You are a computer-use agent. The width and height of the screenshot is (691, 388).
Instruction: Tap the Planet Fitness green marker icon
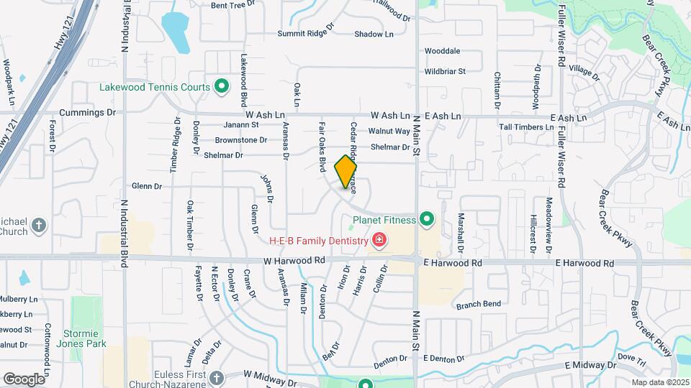[427, 219]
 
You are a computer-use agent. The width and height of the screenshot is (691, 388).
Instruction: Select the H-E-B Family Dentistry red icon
[379, 240]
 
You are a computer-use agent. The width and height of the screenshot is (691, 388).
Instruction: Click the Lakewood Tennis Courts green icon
[222, 88]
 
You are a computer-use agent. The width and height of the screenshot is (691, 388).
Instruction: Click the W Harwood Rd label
[294, 262]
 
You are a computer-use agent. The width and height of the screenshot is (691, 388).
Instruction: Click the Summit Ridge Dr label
[306, 34]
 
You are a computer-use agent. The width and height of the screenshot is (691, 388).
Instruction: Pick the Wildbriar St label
[445, 71]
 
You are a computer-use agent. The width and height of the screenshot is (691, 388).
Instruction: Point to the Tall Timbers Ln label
[527, 127]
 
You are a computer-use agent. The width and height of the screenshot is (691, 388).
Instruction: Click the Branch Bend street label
[479, 305]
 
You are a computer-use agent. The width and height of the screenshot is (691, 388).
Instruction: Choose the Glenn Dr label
[148, 186]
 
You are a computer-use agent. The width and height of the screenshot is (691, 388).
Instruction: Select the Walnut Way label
[389, 131]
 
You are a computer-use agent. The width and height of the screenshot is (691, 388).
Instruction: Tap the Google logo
[24, 379]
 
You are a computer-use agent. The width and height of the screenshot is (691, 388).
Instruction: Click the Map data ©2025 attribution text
[660, 382]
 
